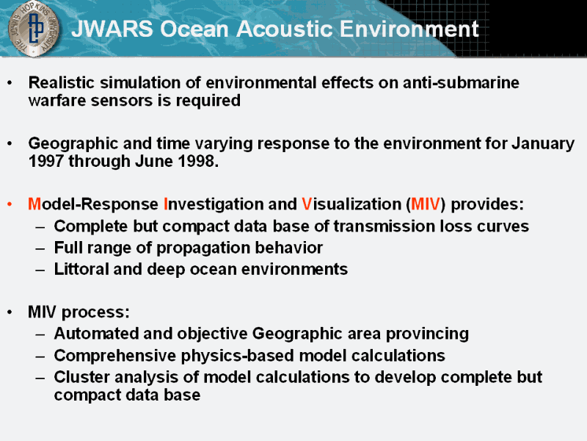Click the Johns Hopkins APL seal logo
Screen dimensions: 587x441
click(x=33, y=29)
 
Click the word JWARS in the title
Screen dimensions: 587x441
click(x=112, y=29)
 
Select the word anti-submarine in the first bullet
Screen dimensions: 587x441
click(x=461, y=82)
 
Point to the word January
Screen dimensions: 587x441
click(x=543, y=144)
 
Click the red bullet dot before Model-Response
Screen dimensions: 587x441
click(x=10, y=204)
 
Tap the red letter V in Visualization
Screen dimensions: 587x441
click(x=307, y=204)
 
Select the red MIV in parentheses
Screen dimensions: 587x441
click(x=426, y=204)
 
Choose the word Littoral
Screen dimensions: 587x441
click(x=81, y=269)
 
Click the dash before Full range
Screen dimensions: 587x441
click(x=40, y=248)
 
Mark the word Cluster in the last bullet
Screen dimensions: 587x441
click(x=82, y=377)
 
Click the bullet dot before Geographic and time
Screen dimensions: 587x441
click(x=10, y=143)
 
